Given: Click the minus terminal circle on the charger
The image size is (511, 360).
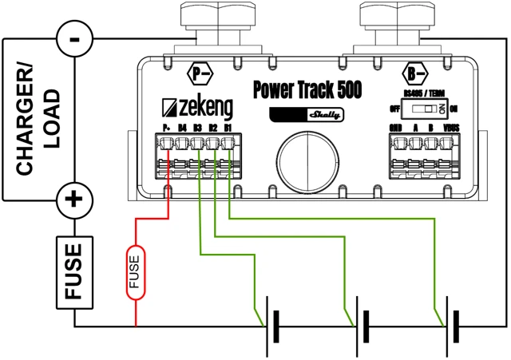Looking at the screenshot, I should (x=74, y=37).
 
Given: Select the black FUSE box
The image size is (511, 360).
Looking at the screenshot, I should (x=74, y=271).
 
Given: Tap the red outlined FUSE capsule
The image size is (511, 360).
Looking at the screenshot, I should (x=135, y=271).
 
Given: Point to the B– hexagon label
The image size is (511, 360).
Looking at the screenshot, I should (x=414, y=73).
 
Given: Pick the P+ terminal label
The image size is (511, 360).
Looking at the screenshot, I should (x=168, y=128).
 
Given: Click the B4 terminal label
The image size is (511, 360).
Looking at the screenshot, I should (x=183, y=128).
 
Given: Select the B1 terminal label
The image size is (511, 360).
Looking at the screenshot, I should (x=228, y=128).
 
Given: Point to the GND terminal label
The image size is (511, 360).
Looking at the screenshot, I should (x=396, y=128).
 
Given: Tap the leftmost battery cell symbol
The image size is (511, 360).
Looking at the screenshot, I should (x=273, y=327).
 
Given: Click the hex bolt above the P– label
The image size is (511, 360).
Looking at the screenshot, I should (x=208, y=19).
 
